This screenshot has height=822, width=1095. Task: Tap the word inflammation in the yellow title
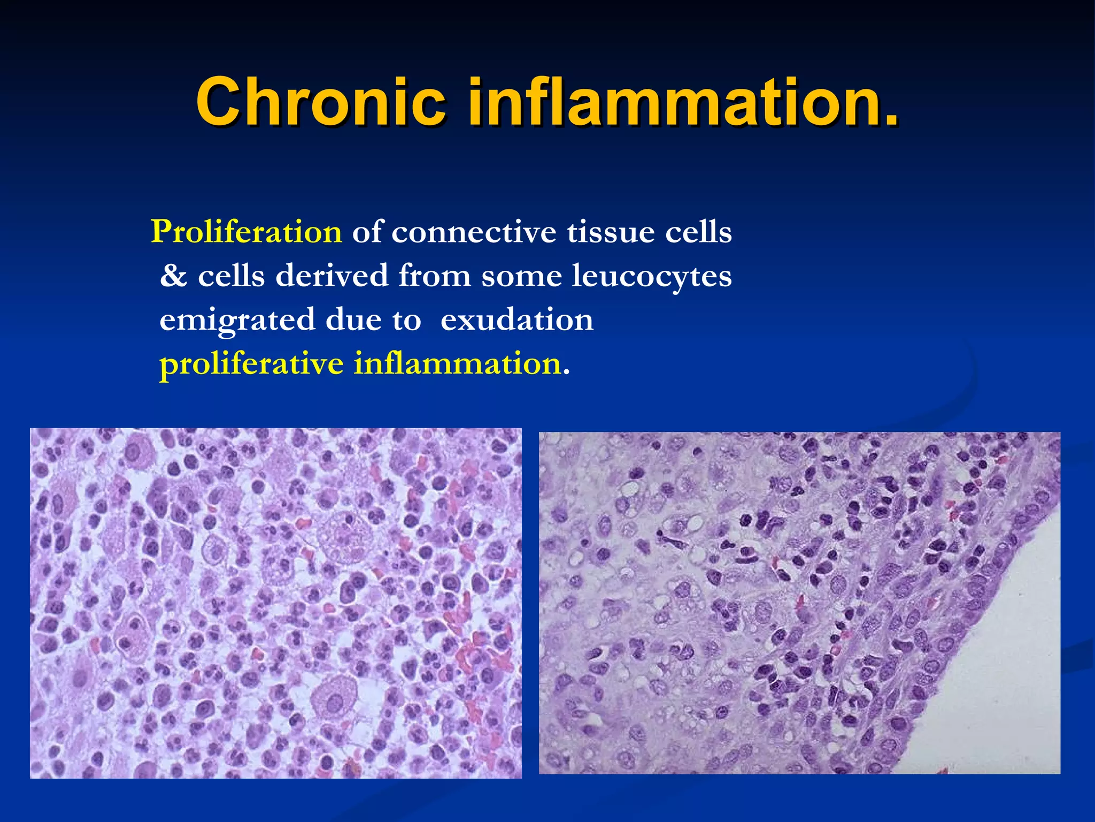pos(671,102)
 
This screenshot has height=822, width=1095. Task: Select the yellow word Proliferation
pos(246,232)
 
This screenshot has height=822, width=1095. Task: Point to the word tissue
pos(611,232)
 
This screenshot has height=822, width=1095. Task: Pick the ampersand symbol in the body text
pos(174,276)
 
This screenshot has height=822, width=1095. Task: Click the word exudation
pos(517,320)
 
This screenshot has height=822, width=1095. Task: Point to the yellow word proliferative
pos(251,364)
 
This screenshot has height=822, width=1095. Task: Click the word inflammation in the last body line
pos(457,364)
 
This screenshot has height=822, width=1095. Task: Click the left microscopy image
pos(275,603)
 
